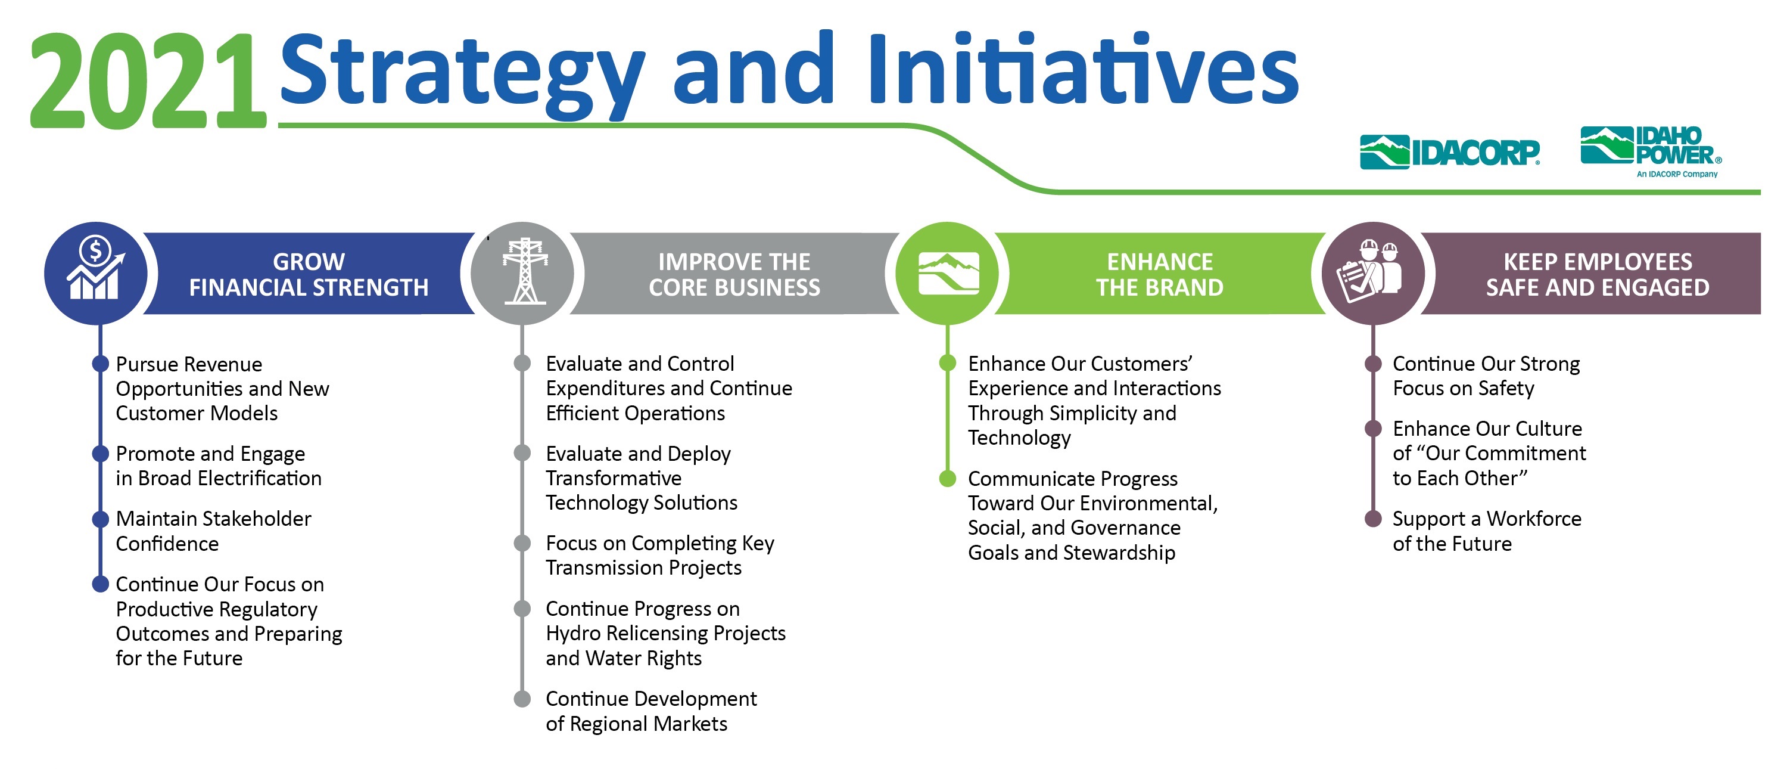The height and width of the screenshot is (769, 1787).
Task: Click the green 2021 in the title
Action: tap(148, 80)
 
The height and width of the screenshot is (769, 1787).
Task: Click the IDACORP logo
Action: tap(1450, 152)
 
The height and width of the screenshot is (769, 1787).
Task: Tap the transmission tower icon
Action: tap(524, 271)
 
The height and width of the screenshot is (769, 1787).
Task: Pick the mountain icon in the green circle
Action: tap(948, 273)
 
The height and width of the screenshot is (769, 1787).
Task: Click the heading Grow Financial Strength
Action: tap(309, 274)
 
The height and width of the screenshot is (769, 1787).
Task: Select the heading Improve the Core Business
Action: tap(734, 274)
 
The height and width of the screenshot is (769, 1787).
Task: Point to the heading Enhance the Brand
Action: tap(1160, 274)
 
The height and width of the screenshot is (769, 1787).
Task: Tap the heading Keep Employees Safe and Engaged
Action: tap(1598, 274)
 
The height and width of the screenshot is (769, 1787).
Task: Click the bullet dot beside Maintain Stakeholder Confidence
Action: tap(101, 519)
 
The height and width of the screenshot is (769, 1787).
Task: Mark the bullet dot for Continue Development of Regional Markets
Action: tap(522, 699)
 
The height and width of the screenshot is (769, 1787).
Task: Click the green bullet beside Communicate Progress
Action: tap(948, 478)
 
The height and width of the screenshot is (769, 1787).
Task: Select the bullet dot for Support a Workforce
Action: tap(1373, 519)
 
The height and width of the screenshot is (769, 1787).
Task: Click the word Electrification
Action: tap(260, 478)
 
